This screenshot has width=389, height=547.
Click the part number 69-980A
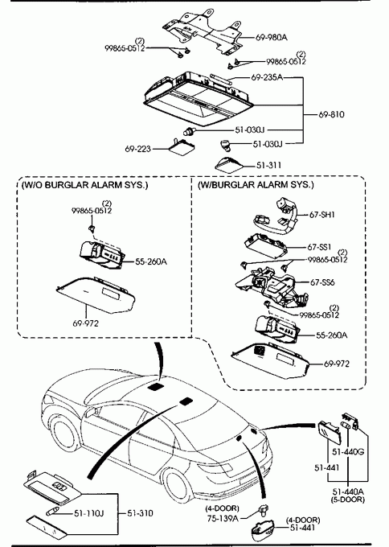pos(272,37)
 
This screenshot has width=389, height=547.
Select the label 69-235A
pos(267,77)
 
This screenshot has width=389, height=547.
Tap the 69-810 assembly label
pos(331,114)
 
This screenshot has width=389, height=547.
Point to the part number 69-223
pos(138,149)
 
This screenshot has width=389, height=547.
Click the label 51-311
pos(268,165)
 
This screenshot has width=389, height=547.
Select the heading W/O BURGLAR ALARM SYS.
pos(84,184)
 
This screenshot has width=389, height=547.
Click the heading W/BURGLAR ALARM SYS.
pos(256,184)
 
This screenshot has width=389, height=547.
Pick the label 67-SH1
pos(322,215)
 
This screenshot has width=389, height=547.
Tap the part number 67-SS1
pos(319,247)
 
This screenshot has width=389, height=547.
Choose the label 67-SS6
pos(322,282)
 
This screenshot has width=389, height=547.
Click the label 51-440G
pos(348,452)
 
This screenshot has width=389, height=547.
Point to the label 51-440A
pos(348,491)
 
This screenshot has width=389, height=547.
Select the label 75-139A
pos(223,518)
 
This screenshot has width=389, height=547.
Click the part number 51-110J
pos(89,513)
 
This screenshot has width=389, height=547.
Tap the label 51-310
pos(140,513)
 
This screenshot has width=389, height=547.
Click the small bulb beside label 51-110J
pos(52,512)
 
